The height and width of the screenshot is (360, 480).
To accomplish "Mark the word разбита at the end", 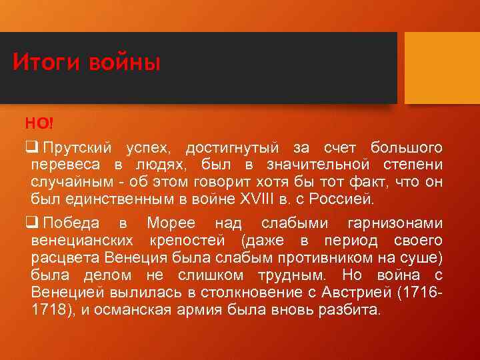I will click(x=355, y=310).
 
